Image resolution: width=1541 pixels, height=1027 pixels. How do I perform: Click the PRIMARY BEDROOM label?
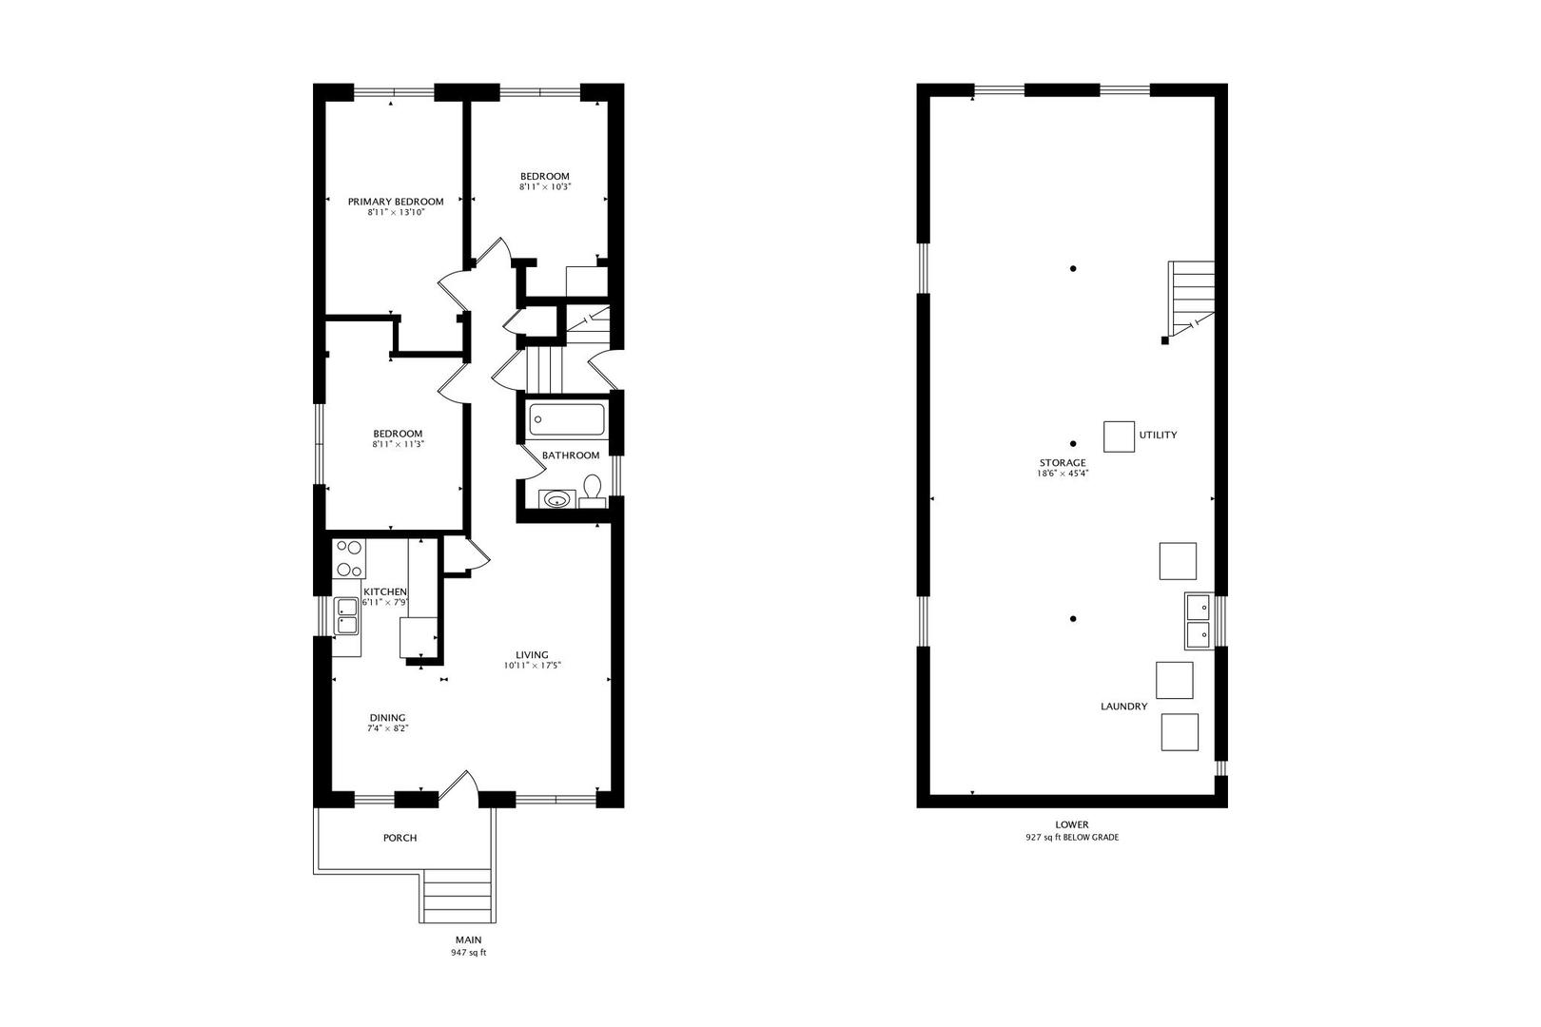pos(395,202)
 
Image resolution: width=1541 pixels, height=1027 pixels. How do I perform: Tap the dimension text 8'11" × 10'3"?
pos(544,187)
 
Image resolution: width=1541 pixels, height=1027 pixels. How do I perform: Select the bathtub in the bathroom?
pos(567,419)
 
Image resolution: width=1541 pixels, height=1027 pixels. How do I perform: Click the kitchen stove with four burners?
pos(349,558)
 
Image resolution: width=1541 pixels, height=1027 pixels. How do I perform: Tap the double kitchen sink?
pos(346,615)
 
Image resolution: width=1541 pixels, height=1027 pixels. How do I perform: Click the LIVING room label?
pos(532,654)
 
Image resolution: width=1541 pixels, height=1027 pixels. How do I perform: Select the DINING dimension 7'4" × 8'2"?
pos(388,729)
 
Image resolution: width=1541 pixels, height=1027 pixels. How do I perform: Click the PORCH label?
pos(400,838)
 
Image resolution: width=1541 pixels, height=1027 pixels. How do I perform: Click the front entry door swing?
pos(460,785)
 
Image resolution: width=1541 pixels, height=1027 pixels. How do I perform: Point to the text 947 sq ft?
pos(468,952)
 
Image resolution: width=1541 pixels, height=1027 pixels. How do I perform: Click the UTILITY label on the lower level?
pos(1158,435)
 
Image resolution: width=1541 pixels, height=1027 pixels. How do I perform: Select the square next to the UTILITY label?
pos(1119,436)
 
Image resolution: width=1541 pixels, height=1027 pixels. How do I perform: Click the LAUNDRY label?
pos(1123,707)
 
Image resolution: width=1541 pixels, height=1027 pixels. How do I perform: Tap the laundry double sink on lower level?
pos(1198,619)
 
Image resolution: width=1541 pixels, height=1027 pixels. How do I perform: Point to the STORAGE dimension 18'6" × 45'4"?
pos(1062,473)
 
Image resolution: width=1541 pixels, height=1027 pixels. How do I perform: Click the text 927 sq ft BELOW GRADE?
pos(1071,838)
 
